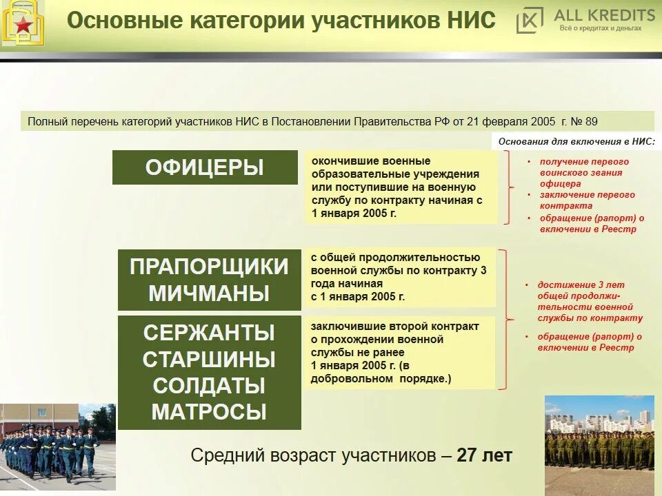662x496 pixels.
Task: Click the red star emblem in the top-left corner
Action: tap(23, 25)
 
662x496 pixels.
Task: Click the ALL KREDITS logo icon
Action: tap(530, 21)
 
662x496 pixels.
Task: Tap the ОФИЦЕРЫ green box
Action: tap(205, 167)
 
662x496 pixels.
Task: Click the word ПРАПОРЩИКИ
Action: tap(209, 267)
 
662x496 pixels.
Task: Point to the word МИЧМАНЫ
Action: tap(209, 293)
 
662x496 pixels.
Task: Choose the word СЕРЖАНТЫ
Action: tap(209, 333)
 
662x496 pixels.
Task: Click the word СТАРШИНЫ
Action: tap(209, 359)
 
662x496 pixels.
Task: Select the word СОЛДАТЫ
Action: tap(209, 385)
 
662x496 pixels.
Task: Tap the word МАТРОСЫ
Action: tap(209, 412)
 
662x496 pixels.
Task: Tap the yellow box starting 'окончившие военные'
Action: tap(401, 187)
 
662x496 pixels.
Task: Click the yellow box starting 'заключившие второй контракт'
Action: tap(400, 352)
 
